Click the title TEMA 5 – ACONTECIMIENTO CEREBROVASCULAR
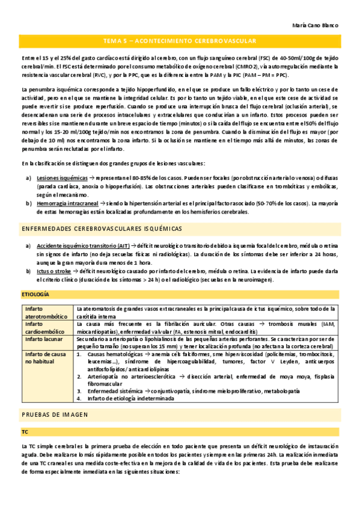coord(180,41)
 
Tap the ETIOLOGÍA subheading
coord(35,294)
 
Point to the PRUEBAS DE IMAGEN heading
coord(55,415)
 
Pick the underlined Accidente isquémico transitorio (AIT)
coord(83,246)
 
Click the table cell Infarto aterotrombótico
coord(43,312)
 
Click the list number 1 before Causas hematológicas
coord(81,355)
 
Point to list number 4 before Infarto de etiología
coord(81,398)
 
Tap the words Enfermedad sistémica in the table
coord(112,390)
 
